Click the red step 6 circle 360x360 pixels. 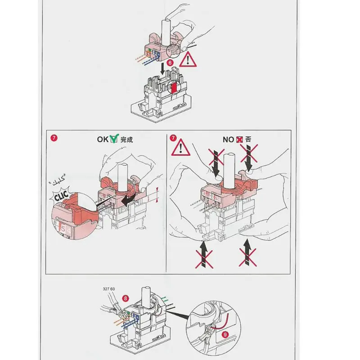[170, 63]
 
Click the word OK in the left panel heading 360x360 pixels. [103, 139]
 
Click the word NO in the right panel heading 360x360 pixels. [229, 139]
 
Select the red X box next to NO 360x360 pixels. [240, 139]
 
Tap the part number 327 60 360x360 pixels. [109, 289]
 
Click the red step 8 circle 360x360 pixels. [126, 298]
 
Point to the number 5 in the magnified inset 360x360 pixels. [63, 229]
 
